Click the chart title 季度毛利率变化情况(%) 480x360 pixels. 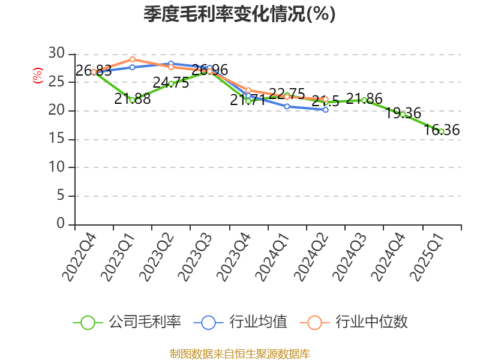click(239, 14)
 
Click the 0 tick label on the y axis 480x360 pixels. click(61, 224)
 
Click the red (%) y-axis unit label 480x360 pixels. click(37, 76)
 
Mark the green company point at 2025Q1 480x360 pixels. click(442, 131)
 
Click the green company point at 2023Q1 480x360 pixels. click(132, 100)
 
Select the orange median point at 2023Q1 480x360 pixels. click(132, 59)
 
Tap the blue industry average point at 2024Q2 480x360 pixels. click(325, 110)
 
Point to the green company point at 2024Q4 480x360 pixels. click(403, 114)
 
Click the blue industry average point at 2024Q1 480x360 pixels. click(287, 106)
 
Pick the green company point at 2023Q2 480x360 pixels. click(170, 83)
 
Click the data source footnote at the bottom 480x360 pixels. click(239, 354)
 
